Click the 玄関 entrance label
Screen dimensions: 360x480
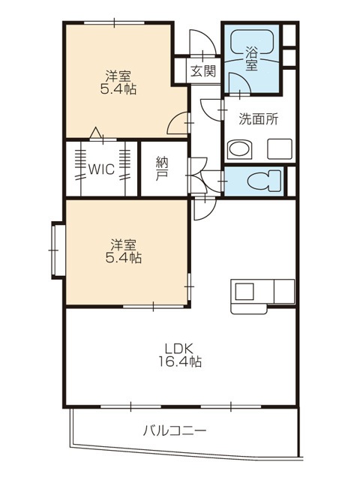pyautogui.click(x=203, y=71)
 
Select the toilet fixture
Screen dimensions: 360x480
pyautogui.click(x=264, y=181)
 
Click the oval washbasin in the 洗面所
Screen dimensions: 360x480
pyautogui.click(x=239, y=150)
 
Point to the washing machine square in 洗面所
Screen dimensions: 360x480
pyautogui.click(x=280, y=148)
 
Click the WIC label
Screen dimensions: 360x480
pyautogui.click(x=101, y=169)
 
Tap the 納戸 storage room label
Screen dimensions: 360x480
pyautogui.click(x=162, y=169)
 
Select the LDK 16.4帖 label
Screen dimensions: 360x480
pyautogui.click(x=179, y=355)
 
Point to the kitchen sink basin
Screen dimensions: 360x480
pyautogui.click(x=244, y=292)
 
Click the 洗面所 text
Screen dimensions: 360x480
pyautogui.click(x=259, y=119)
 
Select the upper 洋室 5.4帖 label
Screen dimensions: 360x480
pyautogui.click(x=118, y=82)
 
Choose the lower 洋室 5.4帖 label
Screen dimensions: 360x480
pyautogui.click(x=123, y=251)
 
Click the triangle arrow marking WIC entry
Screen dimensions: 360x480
pyautogui.click(x=96, y=133)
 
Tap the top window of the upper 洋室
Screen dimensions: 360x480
pyautogui.click(x=114, y=22)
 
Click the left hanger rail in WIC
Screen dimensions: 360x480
pyautogui.click(x=81, y=168)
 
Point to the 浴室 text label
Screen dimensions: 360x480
pyautogui.click(x=251, y=59)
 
